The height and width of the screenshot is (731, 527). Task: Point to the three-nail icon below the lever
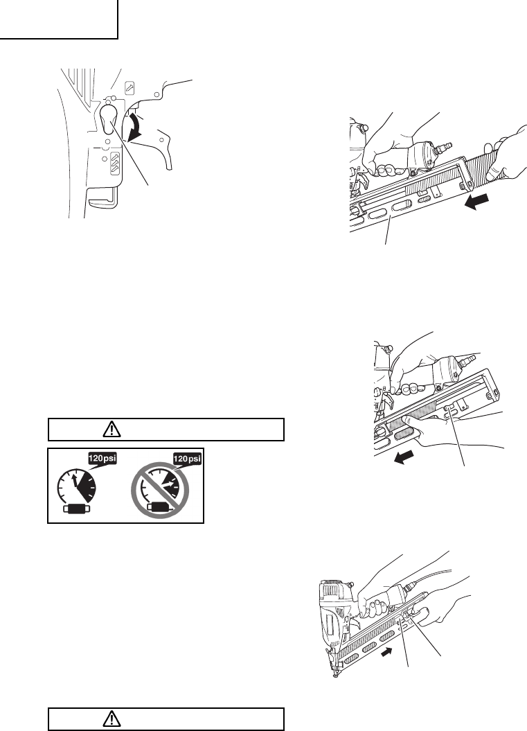[x=116, y=165]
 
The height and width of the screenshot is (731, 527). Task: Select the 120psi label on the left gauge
[x=98, y=459]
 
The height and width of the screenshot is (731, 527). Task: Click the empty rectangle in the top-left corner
[x=60, y=19]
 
